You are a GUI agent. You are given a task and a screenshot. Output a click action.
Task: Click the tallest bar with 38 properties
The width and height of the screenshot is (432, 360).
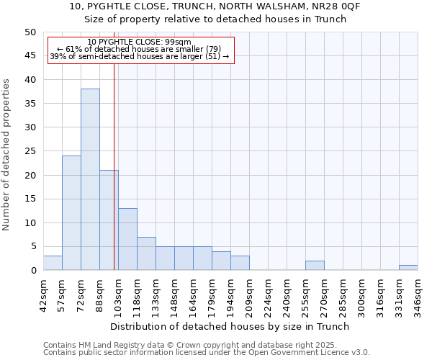pos(90,179)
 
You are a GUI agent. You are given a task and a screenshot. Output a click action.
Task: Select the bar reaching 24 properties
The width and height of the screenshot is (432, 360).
pos(71,212)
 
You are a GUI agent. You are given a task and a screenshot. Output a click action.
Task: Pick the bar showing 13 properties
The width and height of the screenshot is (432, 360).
pos(127,239)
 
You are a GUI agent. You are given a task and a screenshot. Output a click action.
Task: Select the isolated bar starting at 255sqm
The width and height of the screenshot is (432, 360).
pos(315,265)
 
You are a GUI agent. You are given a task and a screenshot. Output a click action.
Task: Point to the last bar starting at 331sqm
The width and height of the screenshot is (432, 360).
pos(408,268)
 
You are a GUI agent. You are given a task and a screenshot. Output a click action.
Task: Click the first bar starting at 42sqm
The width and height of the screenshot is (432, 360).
pos(53,263)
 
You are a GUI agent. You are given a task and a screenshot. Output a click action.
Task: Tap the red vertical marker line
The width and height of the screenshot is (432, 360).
pos(114,180)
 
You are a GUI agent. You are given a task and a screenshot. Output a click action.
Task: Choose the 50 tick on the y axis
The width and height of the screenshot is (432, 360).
pos(30,32)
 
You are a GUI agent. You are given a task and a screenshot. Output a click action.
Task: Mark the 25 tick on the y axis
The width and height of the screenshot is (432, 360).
pos(30,151)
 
